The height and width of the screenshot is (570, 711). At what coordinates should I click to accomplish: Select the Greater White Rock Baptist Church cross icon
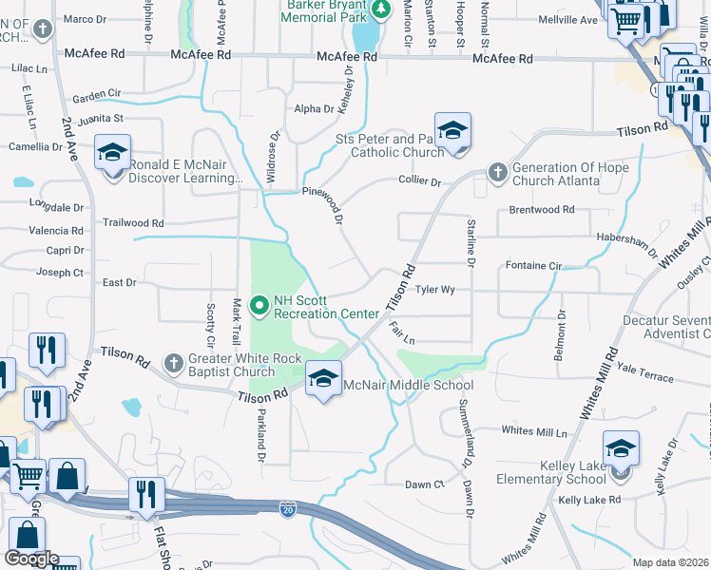(x=173, y=364)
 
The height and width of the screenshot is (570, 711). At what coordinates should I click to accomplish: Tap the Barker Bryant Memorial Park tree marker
(x=380, y=9)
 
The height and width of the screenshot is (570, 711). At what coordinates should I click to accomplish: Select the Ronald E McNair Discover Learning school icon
(x=112, y=152)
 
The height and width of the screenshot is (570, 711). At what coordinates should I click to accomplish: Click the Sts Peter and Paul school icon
(x=452, y=131)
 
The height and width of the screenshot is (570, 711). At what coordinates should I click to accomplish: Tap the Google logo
(x=31, y=559)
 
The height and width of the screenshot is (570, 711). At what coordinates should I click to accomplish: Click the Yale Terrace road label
(x=644, y=377)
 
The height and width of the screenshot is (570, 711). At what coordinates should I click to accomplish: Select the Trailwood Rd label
(x=134, y=223)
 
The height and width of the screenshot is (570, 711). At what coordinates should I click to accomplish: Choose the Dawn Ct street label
(x=424, y=484)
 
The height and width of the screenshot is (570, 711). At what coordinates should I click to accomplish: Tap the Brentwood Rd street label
(x=542, y=209)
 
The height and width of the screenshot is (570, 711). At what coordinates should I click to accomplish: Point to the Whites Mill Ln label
(x=534, y=431)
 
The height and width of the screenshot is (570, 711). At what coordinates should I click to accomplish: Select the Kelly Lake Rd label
(x=589, y=500)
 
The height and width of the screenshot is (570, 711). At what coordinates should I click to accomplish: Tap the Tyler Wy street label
(x=435, y=290)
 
